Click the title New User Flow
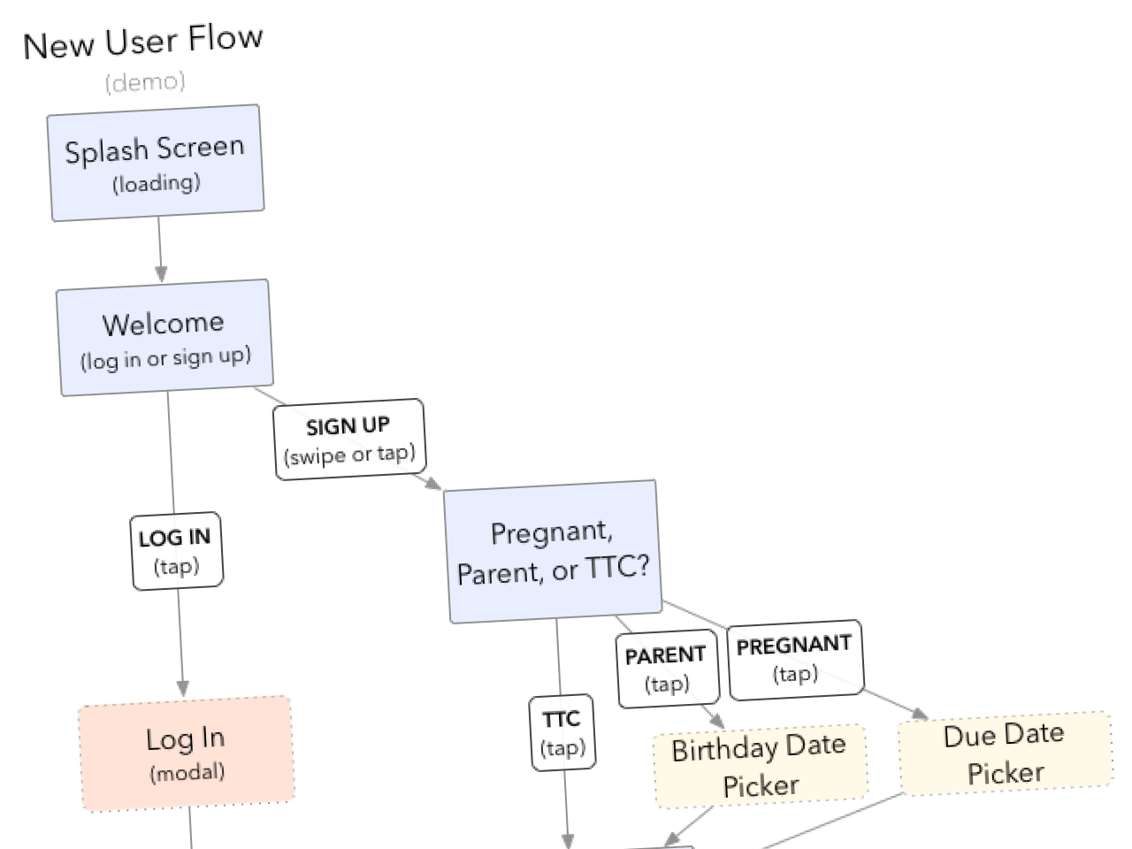pyautogui.click(x=142, y=42)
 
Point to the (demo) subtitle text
pyautogui.click(x=145, y=82)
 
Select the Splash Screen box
pyautogui.click(x=157, y=163)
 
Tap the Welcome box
pyautogui.click(x=164, y=337)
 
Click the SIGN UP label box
pyautogui.click(x=349, y=440)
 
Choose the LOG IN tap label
pyautogui.click(x=177, y=550)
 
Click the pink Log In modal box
pyautogui.click(x=187, y=753)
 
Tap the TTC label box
pyautogui.click(x=562, y=732)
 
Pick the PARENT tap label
pyautogui.click(x=667, y=668)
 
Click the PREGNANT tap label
pyautogui.click(x=794, y=659)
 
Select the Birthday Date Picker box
pyautogui.click(x=760, y=766)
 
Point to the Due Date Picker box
pyautogui.click(x=1005, y=753)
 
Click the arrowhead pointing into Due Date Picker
pyautogui.click(x=920, y=714)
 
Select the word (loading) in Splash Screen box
pyautogui.click(x=157, y=183)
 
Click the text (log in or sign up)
pyautogui.click(x=166, y=358)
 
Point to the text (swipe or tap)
pyautogui.click(x=349, y=455)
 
